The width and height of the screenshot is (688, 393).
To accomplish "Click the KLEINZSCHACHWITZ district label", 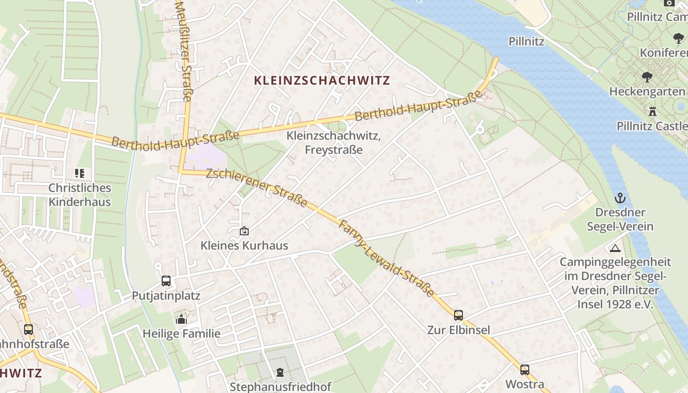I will (x=322, y=81).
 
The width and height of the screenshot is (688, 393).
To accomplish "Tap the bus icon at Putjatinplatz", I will (x=166, y=281).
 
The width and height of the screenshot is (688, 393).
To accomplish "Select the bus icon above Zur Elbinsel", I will (x=458, y=315).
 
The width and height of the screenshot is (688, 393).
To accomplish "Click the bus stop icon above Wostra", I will (x=525, y=369).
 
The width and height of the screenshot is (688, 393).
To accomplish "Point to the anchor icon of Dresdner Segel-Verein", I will (x=620, y=198).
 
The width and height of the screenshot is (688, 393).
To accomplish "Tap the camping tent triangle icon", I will (x=615, y=248).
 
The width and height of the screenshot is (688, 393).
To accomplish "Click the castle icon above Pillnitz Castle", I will (x=653, y=111).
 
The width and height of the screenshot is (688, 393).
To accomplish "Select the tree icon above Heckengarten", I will (x=647, y=77).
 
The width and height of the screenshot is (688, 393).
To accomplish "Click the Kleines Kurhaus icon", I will (x=244, y=230).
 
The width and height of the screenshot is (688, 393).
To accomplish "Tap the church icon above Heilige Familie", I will (x=181, y=319).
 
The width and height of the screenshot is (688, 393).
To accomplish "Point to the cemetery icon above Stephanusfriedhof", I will (x=280, y=372).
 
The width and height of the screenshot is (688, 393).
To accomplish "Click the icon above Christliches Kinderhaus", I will (x=79, y=173).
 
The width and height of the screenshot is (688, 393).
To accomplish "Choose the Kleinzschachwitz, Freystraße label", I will (x=334, y=142).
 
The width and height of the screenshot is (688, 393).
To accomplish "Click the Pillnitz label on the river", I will (x=526, y=41).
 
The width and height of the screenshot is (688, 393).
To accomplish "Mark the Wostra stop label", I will (x=525, y=384).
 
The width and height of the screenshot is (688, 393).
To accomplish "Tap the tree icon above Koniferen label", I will (x=678, y=38).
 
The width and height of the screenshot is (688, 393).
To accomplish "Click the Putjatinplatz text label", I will (x=166, y=296).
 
